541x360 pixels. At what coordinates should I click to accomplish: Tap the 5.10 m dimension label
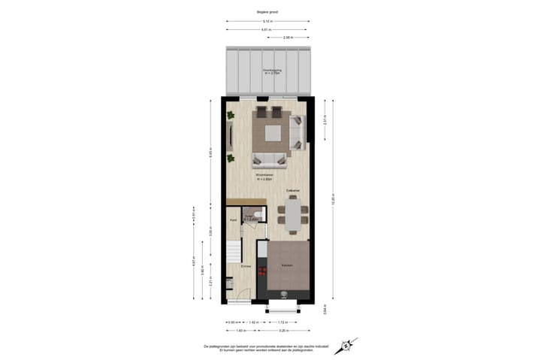pos(268,22)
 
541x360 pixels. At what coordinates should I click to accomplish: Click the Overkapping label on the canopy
pos(270,71)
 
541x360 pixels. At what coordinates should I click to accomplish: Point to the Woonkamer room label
pos(263,177)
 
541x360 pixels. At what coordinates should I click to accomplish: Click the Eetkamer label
pos(293,190)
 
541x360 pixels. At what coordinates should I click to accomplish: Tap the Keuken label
pos(287,266)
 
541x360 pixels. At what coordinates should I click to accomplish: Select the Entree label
pos(245,266)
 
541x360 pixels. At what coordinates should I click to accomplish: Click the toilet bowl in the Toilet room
pos(258,216)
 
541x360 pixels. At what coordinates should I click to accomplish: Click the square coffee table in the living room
pos(271,134)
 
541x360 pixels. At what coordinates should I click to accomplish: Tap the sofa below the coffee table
pos(269,159)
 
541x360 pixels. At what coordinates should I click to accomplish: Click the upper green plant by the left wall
pos(231,115)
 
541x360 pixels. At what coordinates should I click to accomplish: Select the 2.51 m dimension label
pos(325,120)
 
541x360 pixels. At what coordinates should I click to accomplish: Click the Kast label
pos(233,219)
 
